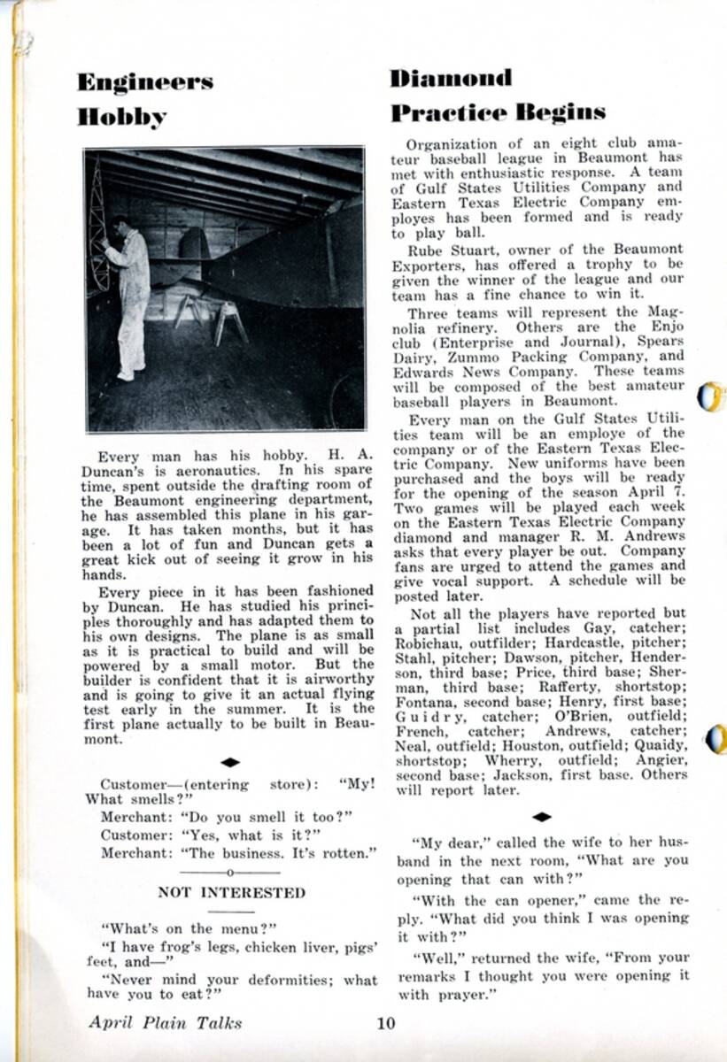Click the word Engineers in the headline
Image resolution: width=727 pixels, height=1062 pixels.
[x=144, y=82]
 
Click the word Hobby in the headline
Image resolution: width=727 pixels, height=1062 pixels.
[x=121, y=117]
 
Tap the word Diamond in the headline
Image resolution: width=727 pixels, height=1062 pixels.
[x=451, y=78]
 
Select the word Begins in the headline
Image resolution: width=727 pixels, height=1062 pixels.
[x=561, y=112]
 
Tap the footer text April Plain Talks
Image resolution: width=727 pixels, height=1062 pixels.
[x=165, y=1023]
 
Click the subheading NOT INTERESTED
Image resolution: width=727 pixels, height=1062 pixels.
[x=231, y=892]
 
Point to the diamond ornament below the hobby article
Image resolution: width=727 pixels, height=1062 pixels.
[x=230, y=762]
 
